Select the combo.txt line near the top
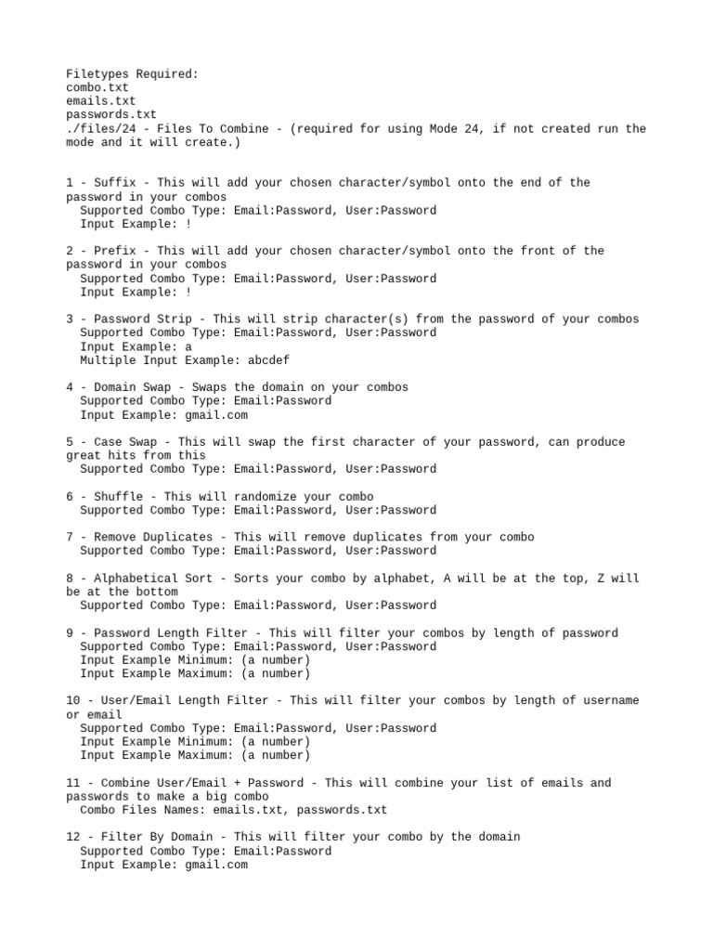97,87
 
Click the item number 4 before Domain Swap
70,387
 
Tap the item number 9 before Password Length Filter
70,633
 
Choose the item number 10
73,700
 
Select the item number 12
73,837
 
